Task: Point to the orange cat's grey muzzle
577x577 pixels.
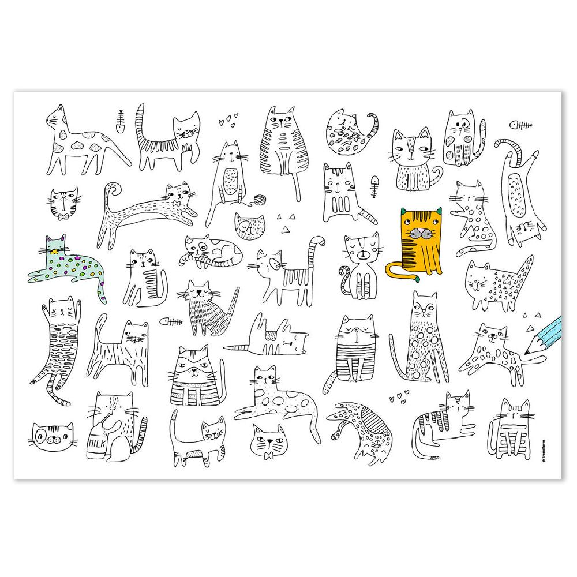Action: click(x=419, y=234)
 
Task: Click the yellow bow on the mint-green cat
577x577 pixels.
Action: click(x=55, y=252)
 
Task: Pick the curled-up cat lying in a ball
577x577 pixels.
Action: click(x=348, y=133)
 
